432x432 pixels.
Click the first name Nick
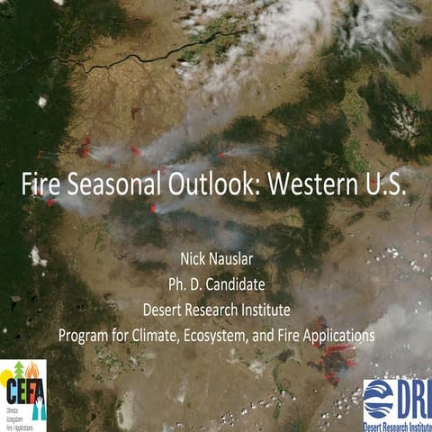coord(196,262)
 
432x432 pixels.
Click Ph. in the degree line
coord(177,286)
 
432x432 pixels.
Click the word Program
coord(86,335)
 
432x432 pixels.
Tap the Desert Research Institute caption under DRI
coord(397,424)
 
